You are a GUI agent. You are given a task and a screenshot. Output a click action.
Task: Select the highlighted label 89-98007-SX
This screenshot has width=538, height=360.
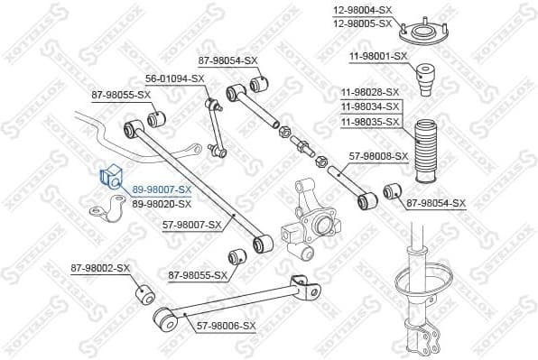tap(162, 189)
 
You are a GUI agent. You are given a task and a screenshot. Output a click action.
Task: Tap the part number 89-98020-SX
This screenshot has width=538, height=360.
tap(162, 204)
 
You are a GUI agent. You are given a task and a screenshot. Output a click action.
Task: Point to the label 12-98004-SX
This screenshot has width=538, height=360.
tap(362, 10)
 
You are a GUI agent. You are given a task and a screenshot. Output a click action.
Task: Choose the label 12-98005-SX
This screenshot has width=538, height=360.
tap(362, 23)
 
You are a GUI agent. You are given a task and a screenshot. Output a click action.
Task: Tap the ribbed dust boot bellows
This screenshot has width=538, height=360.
tap(422, 144)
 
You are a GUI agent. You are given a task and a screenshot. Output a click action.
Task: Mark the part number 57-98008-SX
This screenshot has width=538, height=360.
tap(378, 155)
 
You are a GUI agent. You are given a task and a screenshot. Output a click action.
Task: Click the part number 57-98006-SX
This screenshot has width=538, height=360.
tap(227, 325)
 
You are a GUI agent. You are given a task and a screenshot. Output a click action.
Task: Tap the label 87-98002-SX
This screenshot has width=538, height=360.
tap(100, 269)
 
